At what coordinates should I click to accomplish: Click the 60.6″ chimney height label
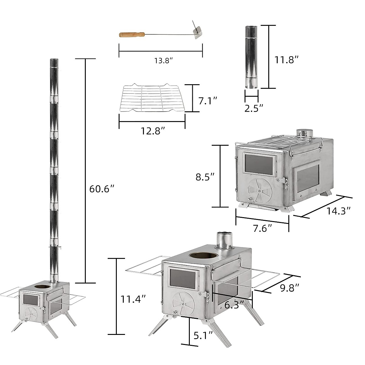coord(102,189)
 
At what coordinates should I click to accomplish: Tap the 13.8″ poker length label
coord(163,61)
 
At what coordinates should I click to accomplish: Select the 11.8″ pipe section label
coord(287,60)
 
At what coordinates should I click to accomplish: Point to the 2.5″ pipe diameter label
coord(254,108)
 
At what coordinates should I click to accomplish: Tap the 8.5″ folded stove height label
coord(205,177)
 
